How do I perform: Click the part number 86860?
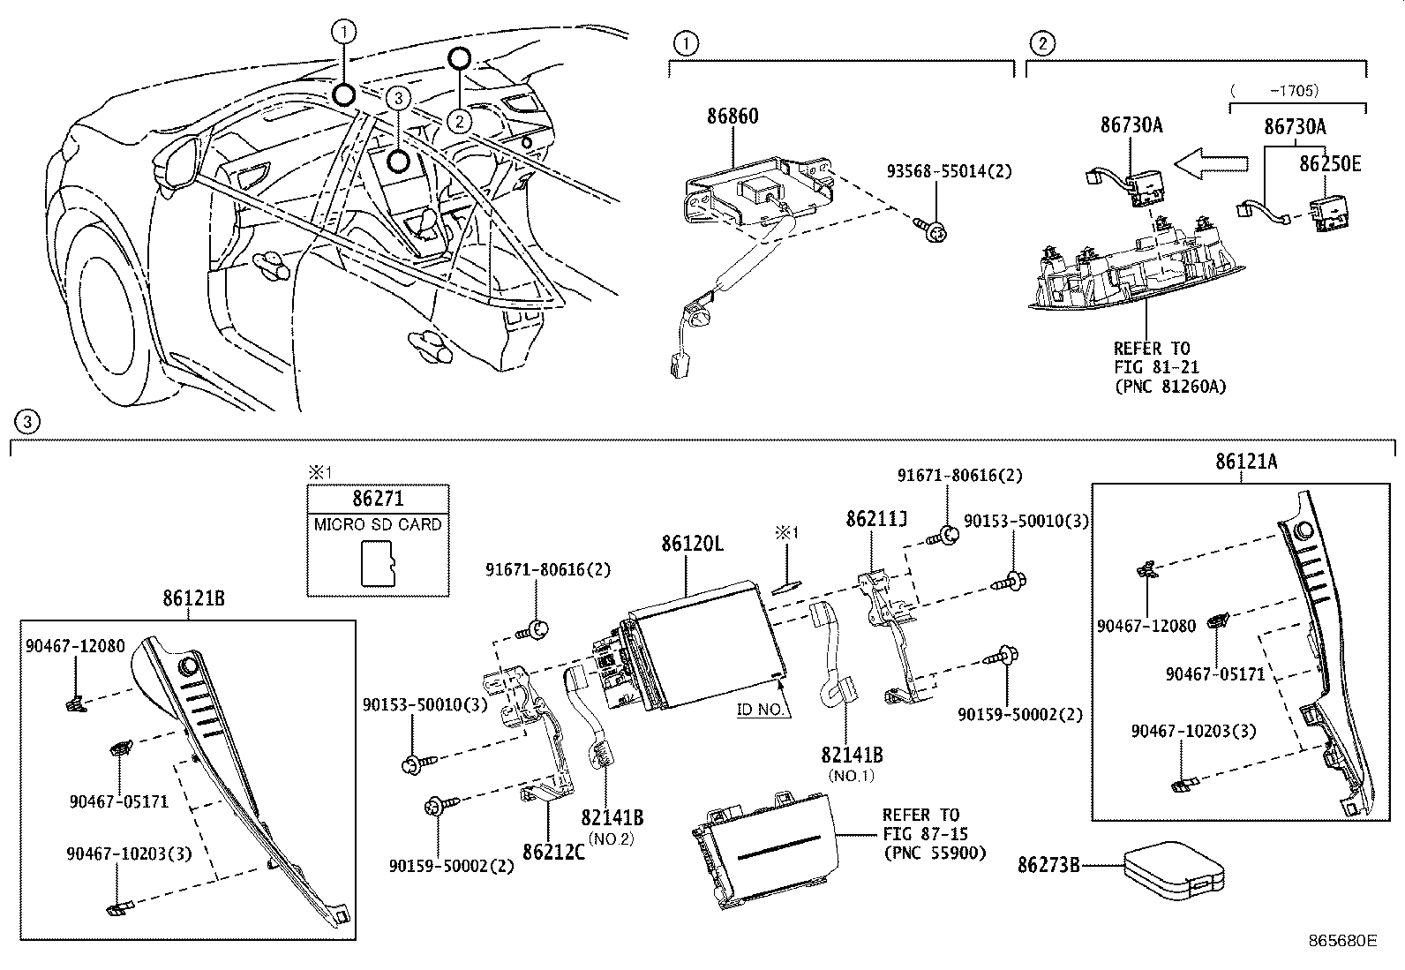pyautogui.click(x=732, y=117)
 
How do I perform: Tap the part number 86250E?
pyautogui.click(x=1329, y=164)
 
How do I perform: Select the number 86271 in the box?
pyautogui.click(x=377, y=499)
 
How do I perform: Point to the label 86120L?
pyautogui.click(x=692, y=544)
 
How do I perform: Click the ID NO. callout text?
pyautogui.click(x=760, y=709)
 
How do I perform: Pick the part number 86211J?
pyautogui.click(x=875, y=519)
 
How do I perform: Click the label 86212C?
pyautogui.click(x=553, y=852)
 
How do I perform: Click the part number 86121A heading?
pyautogui.click(x=1245, y=462)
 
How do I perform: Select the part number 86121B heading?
pyautogui.click(x=193, y=598)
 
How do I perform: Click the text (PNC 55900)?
pyautogui.click(x=934, y=853)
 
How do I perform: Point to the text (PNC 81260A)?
pyautogui.click(x=1169, y=386)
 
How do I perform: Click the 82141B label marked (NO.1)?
pyautogui.click(x=852, y=756)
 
